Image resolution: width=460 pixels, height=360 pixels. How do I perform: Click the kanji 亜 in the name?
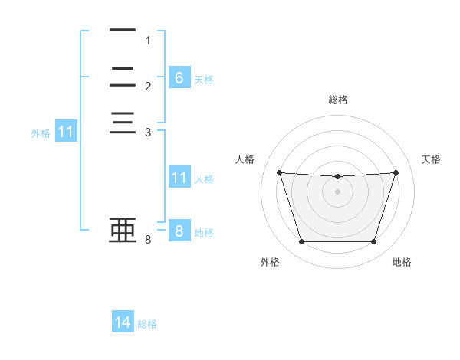123,230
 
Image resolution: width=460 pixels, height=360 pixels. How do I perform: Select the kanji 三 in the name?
123,123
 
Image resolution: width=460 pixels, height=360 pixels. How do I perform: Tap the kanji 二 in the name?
123,77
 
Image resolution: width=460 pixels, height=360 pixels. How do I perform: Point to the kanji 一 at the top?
123,30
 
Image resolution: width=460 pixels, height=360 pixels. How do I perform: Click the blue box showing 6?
179,77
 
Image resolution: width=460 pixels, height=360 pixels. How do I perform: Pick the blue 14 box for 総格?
123,321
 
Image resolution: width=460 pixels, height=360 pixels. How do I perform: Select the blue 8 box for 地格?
179,230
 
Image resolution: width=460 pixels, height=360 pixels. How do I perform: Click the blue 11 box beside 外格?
66,130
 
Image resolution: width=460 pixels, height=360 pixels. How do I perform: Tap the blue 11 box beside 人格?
179,176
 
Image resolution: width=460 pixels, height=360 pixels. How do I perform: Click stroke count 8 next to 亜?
148,240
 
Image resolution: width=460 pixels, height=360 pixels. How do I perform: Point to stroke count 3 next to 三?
148,133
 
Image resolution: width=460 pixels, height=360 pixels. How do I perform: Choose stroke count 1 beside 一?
148,40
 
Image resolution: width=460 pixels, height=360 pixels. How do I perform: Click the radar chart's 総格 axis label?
338,100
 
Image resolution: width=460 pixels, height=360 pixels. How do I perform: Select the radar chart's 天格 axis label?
431,159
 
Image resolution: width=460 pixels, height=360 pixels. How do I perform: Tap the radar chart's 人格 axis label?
245,159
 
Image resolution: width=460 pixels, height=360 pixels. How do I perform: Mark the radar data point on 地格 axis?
373,241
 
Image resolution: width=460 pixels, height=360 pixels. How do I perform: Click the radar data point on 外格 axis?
302,241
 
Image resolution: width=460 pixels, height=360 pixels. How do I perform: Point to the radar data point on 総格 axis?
337,176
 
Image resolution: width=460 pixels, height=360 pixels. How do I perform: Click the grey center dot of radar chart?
337,191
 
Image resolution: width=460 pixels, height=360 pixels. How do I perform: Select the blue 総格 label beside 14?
147,324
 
